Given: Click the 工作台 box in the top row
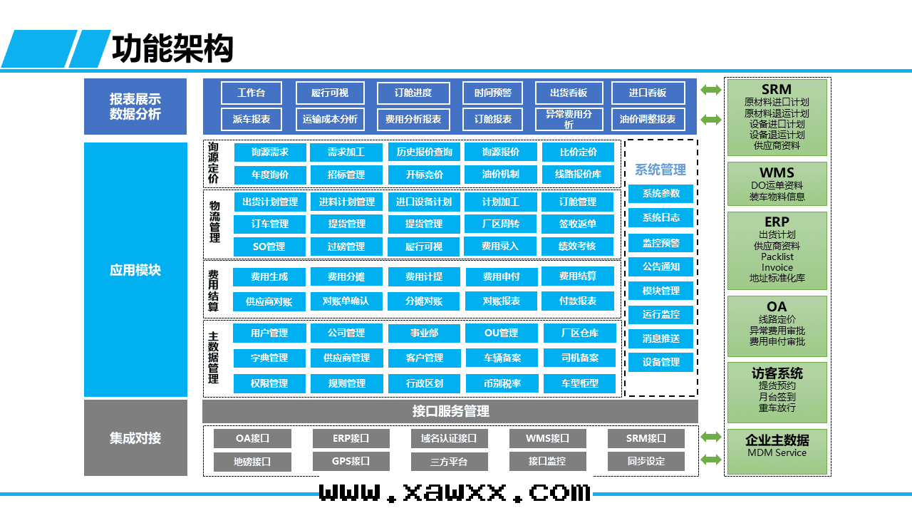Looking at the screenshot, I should [x=251, y=93].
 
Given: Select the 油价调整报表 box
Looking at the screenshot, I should [x=648, y=119].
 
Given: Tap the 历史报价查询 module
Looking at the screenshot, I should [x=424, y=152].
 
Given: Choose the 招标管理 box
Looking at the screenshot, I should [x=346, y=175].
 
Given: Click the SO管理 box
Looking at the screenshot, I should [x=269, y=247].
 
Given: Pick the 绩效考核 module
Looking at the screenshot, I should [x=577, y=246].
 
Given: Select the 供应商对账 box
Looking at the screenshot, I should [x=269, y=301].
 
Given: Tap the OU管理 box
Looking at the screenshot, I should [x=501, y=333].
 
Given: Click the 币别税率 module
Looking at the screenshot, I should [x=502, y=383].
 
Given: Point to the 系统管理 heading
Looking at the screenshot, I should [x=660, y=170].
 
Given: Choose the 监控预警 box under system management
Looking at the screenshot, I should [x=660, y=243].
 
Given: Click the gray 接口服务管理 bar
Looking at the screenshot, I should [x=450, y=411].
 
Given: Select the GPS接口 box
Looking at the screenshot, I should [x=351, y=461].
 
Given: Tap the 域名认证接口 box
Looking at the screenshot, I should [x=449, y=438].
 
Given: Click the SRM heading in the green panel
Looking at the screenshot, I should [x=776, y=89].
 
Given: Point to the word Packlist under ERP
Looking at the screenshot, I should [x=777, y=256].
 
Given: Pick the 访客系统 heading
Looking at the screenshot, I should [x=777, y=373].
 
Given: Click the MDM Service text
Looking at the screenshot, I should [x=777, y=452].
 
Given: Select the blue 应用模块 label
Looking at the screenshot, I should [x=135, y=270].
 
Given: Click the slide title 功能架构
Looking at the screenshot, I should [x=172, y=49].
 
